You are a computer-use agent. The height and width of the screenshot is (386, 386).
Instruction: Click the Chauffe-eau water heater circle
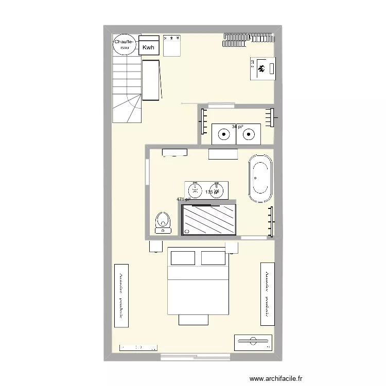(x=124, y=44)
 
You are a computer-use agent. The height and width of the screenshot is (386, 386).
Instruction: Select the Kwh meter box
(x=149, y=47)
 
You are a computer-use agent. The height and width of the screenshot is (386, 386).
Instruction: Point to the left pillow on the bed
(x=182, y=258)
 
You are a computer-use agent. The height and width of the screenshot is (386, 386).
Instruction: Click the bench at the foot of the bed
(x=194, y=320)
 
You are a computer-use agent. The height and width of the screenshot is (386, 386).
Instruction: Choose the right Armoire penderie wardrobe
(x=268, y=293)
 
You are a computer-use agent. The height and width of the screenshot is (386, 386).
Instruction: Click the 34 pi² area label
(x=237, y=126)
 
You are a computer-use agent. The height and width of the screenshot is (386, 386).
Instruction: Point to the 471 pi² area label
(x=183, y=199)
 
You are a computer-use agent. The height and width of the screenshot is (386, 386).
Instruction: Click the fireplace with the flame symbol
(x=263, y=68)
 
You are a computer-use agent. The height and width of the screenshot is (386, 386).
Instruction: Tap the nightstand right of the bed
(x=232, y=248)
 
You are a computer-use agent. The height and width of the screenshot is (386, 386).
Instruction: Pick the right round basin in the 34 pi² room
(x=249, y=135)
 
